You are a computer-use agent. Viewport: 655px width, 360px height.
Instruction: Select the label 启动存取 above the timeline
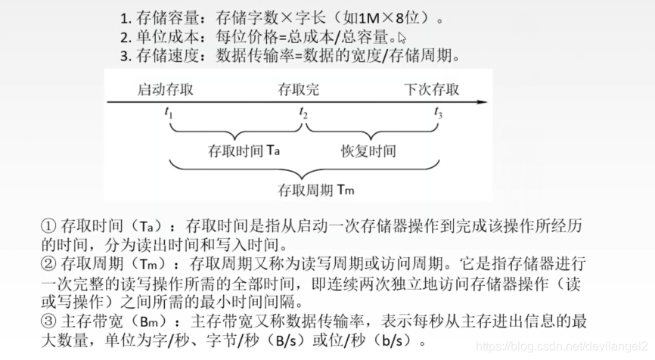(165, 89)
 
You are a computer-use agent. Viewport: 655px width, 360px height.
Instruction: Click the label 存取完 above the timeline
(299, 89)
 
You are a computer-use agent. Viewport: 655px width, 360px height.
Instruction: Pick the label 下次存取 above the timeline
(432, 89)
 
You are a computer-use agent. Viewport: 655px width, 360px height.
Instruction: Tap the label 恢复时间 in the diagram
(368, 151)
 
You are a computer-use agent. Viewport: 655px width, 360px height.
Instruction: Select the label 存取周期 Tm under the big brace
(316, 190)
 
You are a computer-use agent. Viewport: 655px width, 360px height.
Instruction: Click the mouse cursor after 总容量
(402, 37)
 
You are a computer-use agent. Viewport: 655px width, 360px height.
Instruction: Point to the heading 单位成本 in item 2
(161, 37)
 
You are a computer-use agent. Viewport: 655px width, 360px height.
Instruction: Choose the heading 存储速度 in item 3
(161, 56)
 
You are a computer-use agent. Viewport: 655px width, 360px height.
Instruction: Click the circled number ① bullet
(48, 226)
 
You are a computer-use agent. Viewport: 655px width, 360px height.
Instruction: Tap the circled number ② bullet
(48, 265)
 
